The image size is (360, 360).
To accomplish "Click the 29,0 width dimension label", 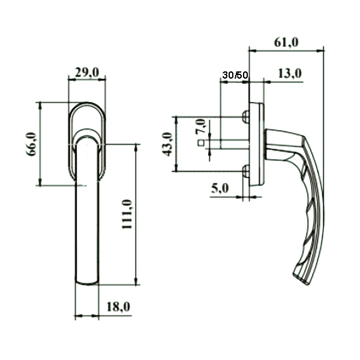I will pyautogui.click(x=87, y=73).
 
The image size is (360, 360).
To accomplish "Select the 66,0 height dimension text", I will pyautogui.click(x=32, y=144).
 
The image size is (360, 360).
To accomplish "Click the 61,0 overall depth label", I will pyautogui.click(x=286, y=42).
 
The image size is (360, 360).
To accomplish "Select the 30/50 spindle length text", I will pyautogui.click(x=234, y=76).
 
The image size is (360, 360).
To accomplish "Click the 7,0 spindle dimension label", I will pyautogui.click(x=200, y=127).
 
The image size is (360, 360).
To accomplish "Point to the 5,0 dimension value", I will pyautogui.click(x=220, y=188).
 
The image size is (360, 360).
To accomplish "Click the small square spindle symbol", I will pyautogui.click(x=201, y=143).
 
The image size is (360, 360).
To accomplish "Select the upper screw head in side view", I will pyautogui.click(x=245, y=115).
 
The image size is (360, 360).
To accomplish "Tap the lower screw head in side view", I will pyautogui.click(x=245, y=172).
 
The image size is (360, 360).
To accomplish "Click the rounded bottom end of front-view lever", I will pyautogui.click(x=88, y=282).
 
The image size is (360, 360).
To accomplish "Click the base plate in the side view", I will pyautogui.click(x=259, y=144).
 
